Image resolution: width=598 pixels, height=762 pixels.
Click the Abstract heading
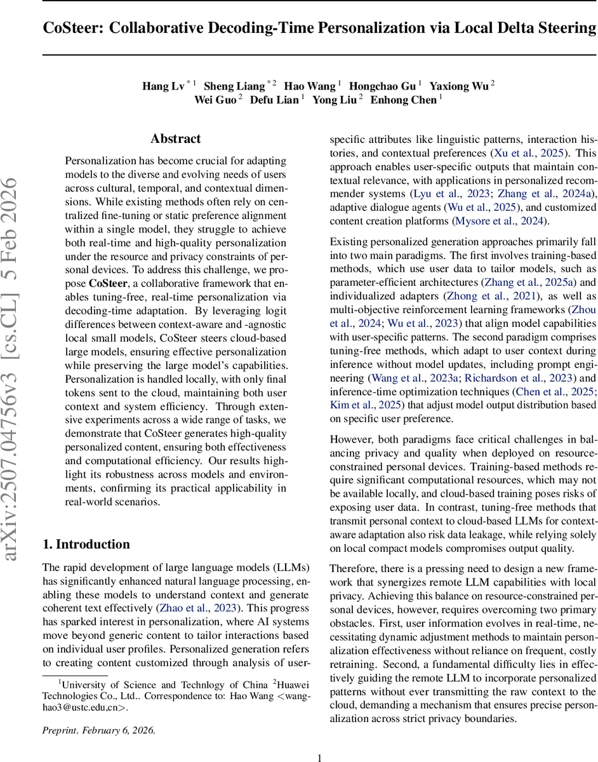coord(175,138)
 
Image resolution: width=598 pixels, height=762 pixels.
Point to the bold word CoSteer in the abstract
coord(110,284)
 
